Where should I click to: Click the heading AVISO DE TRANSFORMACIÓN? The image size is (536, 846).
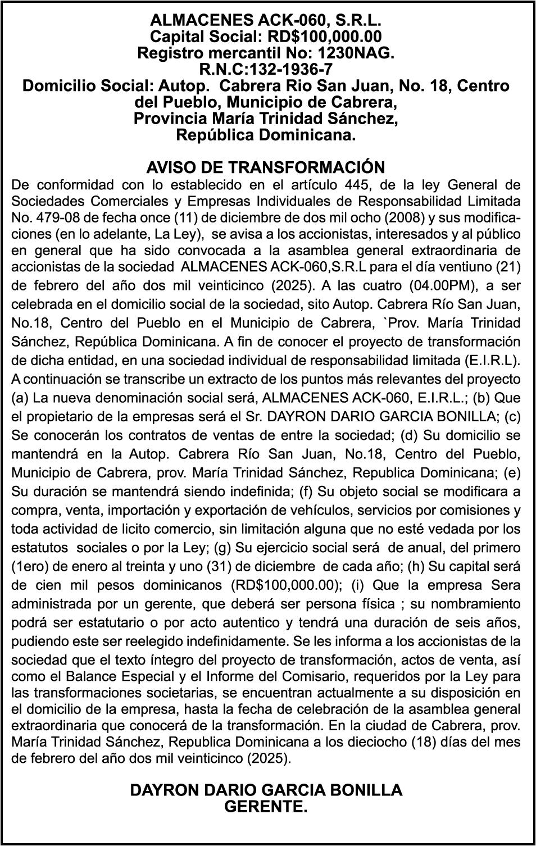point(265,167)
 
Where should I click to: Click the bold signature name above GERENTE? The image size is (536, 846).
point(266,790)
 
